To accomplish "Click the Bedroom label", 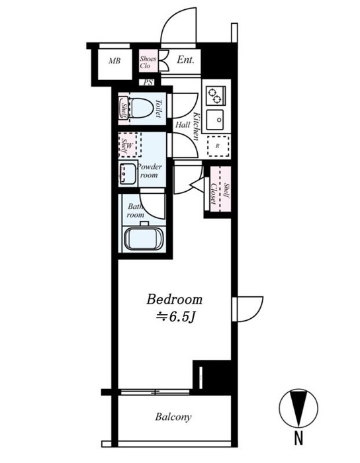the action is click(x=175, y=299).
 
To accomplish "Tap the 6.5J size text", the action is click(x=176, y=317).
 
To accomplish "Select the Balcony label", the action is click(x=173, y=417).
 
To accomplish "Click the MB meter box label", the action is click(x=114, y=61).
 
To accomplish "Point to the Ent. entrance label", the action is click(x=185, y=60).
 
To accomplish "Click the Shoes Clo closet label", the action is click(x=148, y=62).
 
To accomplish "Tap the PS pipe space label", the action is click(x=148, y=82).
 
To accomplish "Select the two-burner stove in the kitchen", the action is click(x=216, y=96).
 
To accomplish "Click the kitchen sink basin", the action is click(x=215, y=120).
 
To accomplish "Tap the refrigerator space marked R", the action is click(x=218, y=146).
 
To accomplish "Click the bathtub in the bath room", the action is click(x=144, y=239).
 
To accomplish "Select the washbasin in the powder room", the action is click(x=128, y=173).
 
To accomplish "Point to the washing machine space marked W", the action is click(x=130, y=145).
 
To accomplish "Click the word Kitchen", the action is click(x=196, y=127).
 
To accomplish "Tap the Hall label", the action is click(x=183, y=124).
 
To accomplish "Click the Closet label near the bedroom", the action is click(x=213, y=194).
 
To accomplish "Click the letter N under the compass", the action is click(x=298, y=438).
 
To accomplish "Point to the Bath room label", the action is click(x=136, y=210).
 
